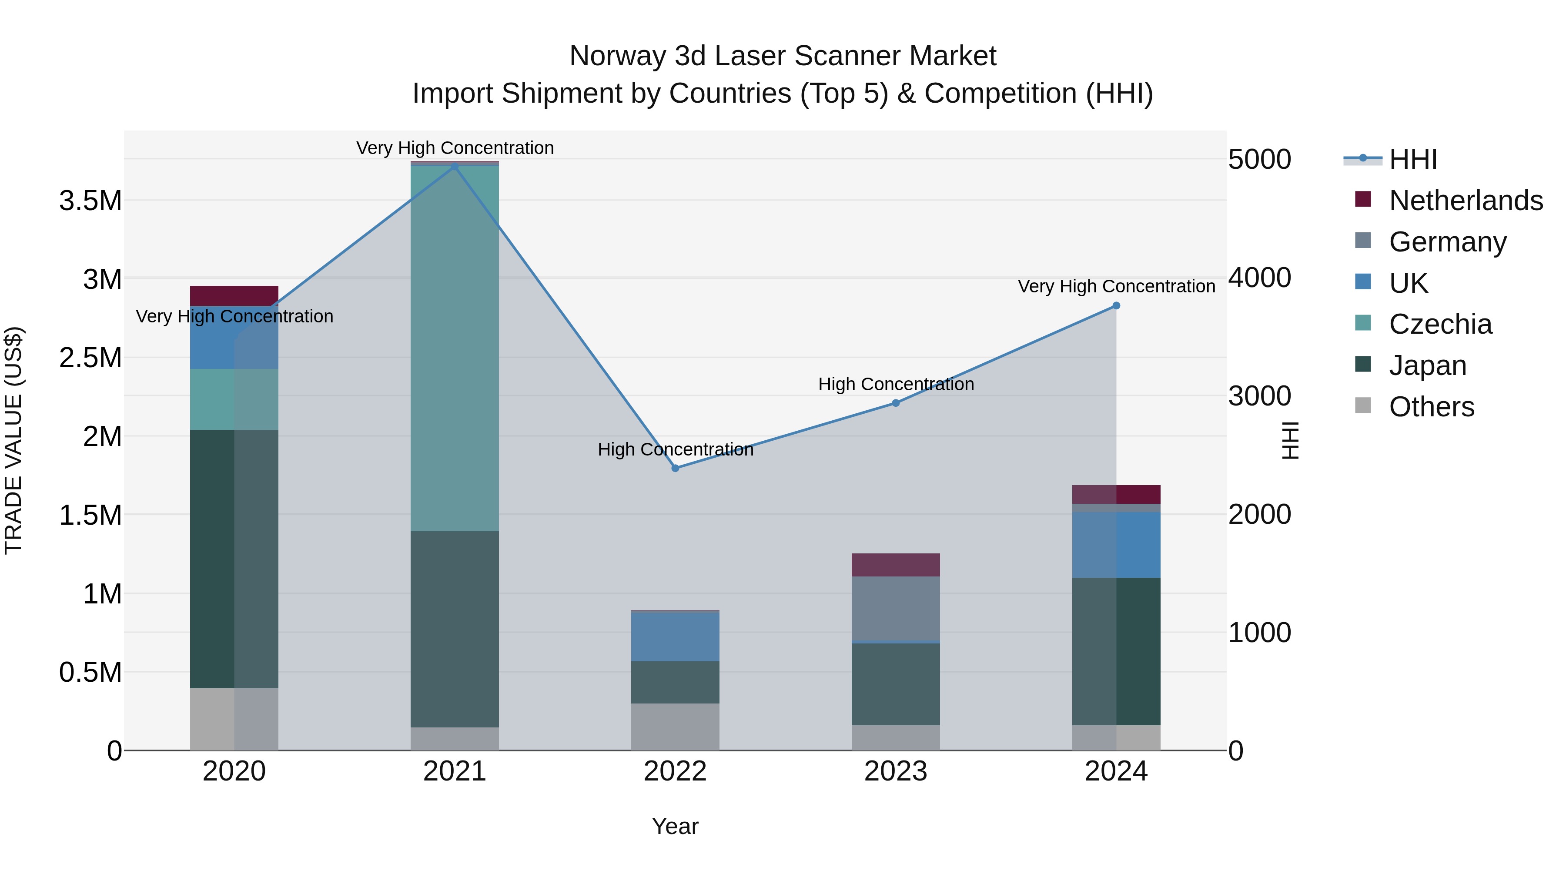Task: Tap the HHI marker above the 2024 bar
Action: [1116, 306]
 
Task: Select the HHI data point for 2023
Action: [896, 402]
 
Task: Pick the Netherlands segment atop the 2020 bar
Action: [234, 295]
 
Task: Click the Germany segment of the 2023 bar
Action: [896, 608]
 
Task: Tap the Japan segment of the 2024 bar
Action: [1116, 650]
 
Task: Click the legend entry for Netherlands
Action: [1465, 201]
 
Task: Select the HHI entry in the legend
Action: [1413, 159]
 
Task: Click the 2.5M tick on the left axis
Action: [90, 358]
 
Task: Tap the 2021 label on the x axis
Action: [455, 771]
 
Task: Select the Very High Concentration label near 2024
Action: [1116, 286]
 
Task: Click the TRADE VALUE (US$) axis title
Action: [13, 440]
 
